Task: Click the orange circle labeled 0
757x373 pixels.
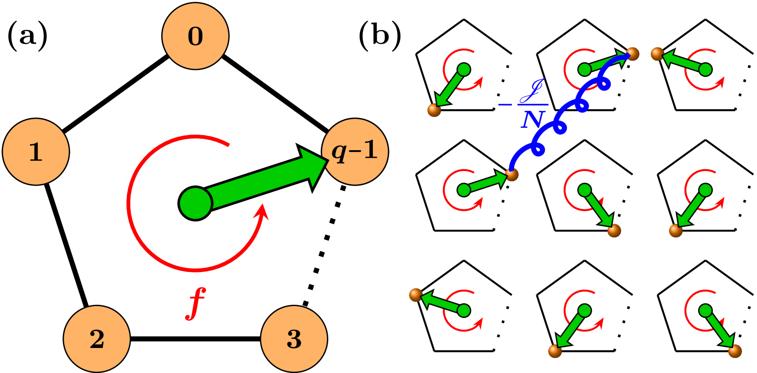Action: pyautogui.click(x=195, y=36)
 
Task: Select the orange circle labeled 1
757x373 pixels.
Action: pyautogui.click(x=36, y=151)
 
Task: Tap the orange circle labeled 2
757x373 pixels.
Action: pyautogui.click(x=97, y=339)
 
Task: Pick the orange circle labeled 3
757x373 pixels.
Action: pyautogui.click(x=294, y=339)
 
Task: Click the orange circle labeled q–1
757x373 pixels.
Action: pyautogui.click(x=355, y=151)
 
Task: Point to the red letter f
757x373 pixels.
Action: pyautogui.click(x=196, y=303)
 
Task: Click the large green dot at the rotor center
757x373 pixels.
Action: pyautogui.click(x=196, y=203)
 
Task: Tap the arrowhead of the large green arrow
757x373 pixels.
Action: pyautogui.click(x=314, y=166)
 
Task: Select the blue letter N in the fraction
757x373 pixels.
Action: pyautogui.click(x=532, y=120)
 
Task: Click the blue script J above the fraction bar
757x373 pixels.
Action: pyautogui.click(x=533, y=91)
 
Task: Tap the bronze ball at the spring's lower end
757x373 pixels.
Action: pyautogui.click(x=512, y=174)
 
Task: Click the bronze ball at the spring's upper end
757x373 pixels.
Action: pyautogui.click(x=632, y=54)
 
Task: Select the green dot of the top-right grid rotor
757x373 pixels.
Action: pyautogui.click(x=705, y=70)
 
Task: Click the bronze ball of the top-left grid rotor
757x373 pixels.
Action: pyautogui.click(x=434, y=110)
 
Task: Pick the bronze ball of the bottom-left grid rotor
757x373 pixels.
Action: pyautogui.click(x=416, y=295)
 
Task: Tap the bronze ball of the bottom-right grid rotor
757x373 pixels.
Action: pyautogui.click(x=735, y=351)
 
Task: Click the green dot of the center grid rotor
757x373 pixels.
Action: pyautogui.click(x=584, y=190)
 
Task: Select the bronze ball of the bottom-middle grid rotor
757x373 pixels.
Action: pyautogui.click(x=555, y=351)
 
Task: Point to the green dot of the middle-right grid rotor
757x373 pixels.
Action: pyautogui.click(x=705, y=190)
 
